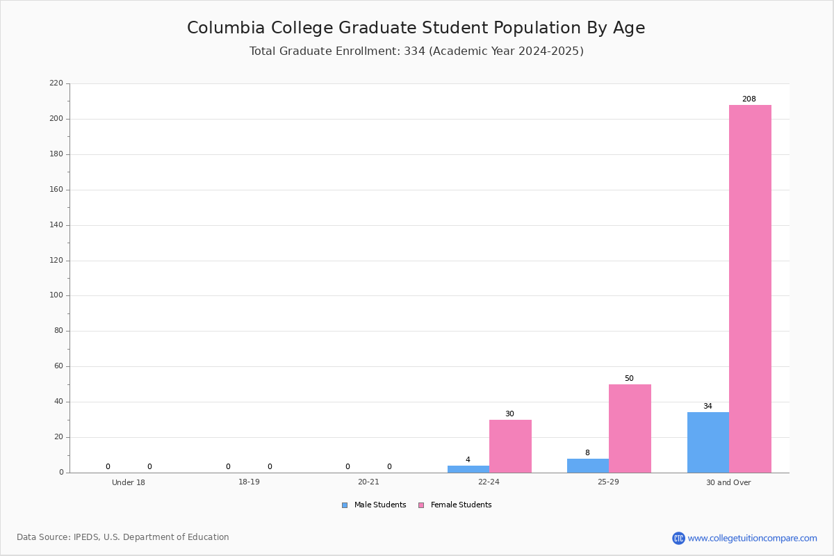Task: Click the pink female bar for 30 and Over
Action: (750, 288)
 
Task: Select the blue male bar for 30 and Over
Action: (708, 443)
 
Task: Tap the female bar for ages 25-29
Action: (630, 429)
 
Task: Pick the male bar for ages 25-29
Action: (588, 466)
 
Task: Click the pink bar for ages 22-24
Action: (510, 446)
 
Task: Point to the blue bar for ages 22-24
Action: (468, 469)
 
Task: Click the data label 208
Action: (749, 99)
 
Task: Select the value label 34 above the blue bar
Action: (708, 406)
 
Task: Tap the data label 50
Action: (629, 378)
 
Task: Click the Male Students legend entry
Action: (374, 505)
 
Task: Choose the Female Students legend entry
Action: (455, 505)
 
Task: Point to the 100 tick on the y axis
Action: (56, 295)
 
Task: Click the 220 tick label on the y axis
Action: (56, 83)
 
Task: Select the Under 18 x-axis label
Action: (129, 482)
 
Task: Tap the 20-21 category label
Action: (368, 482)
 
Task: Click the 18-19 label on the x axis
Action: (249, 482)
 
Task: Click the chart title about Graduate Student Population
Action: (416, 28)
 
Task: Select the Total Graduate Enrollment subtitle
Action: (416, 51)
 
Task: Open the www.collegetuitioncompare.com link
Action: (752, 538)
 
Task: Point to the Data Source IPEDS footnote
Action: (123, 537)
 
